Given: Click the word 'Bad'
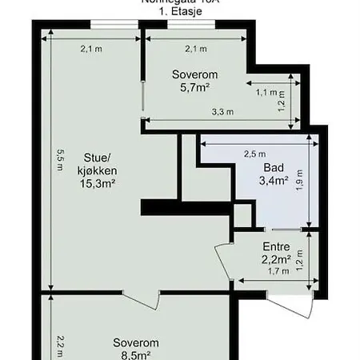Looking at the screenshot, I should [x=272, y=168].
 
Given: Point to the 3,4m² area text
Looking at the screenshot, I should [x=273, y=181].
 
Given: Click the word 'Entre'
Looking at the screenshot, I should [x=275, y=246].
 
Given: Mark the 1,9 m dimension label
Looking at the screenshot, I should [x=299, y=178].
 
